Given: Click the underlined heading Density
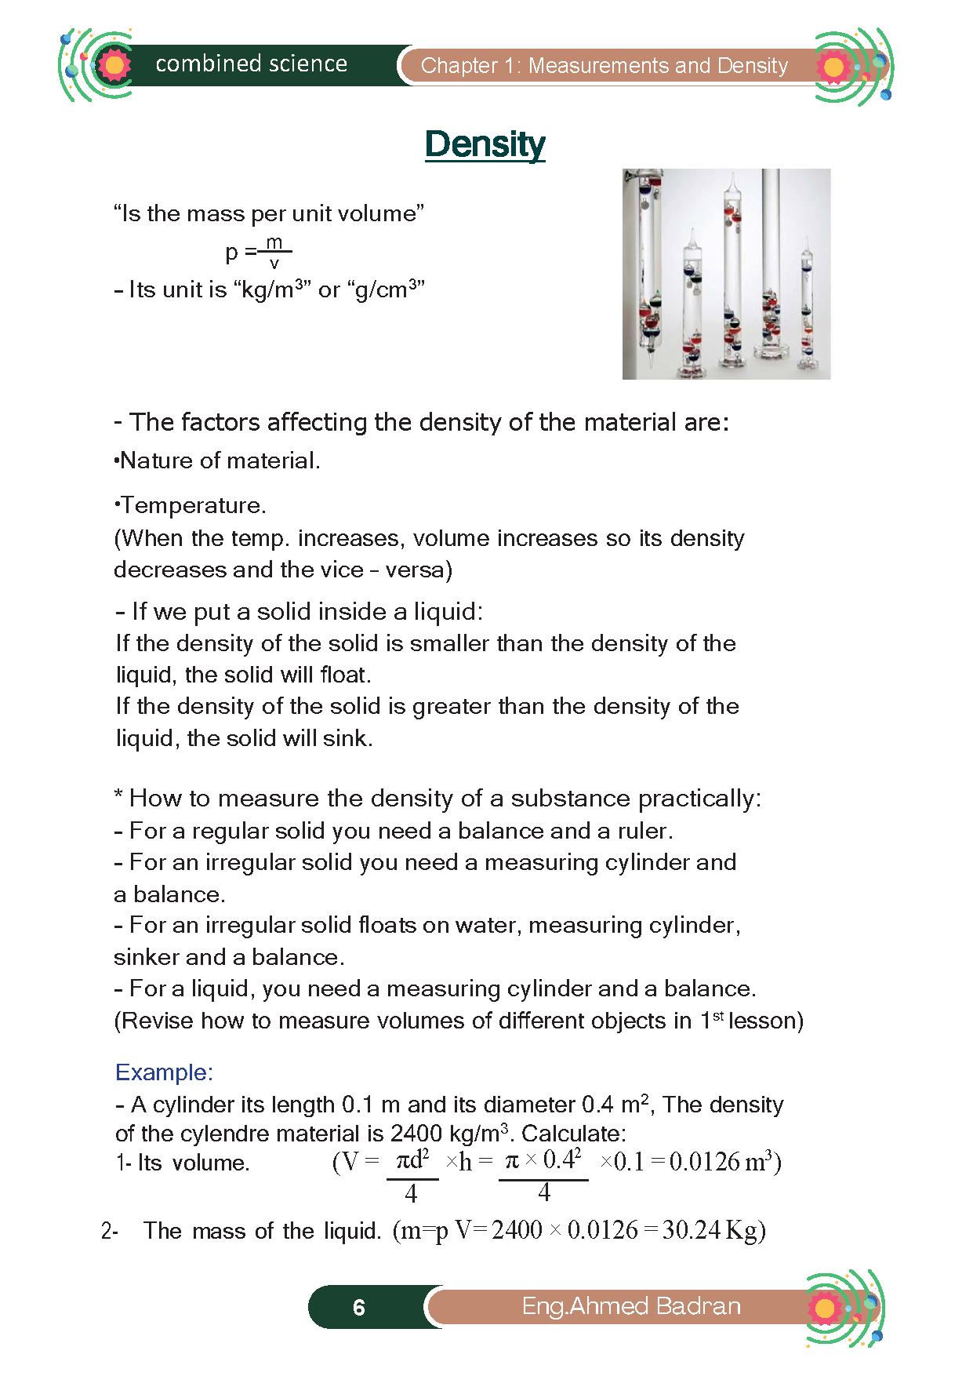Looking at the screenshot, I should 485,144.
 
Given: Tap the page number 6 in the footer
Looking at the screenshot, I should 359,1308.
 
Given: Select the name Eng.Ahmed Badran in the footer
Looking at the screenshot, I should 631,1306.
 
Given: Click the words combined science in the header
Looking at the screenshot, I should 251,64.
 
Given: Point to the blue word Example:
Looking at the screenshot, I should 164,1072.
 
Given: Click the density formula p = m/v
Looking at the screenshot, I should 259,252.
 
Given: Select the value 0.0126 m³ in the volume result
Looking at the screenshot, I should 721,1162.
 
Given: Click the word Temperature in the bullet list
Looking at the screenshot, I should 192,505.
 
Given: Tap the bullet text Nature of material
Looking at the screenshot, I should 219,460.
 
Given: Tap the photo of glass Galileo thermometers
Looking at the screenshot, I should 726,274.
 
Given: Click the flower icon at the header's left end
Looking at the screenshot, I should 114,65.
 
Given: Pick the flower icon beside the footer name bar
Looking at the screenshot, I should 826,1308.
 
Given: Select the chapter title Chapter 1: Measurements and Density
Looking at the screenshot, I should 604,66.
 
